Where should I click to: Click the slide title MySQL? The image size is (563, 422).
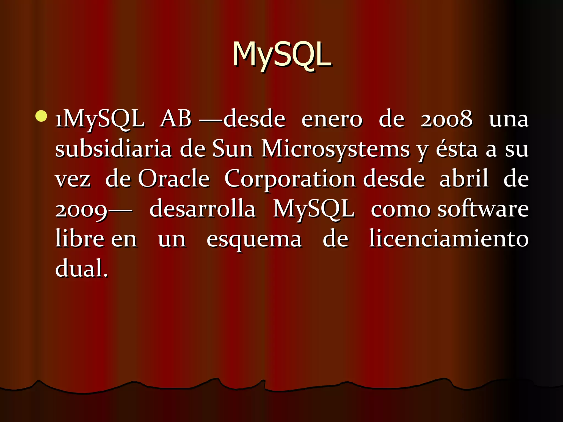tap(282, 55)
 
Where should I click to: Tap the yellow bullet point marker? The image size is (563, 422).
tap(41, 116)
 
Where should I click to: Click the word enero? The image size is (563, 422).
tap(332, 120)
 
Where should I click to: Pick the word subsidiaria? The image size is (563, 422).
tap(114, 149)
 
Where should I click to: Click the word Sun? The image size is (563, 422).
tap(233, 149)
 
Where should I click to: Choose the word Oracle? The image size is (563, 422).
tap(174, 179)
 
